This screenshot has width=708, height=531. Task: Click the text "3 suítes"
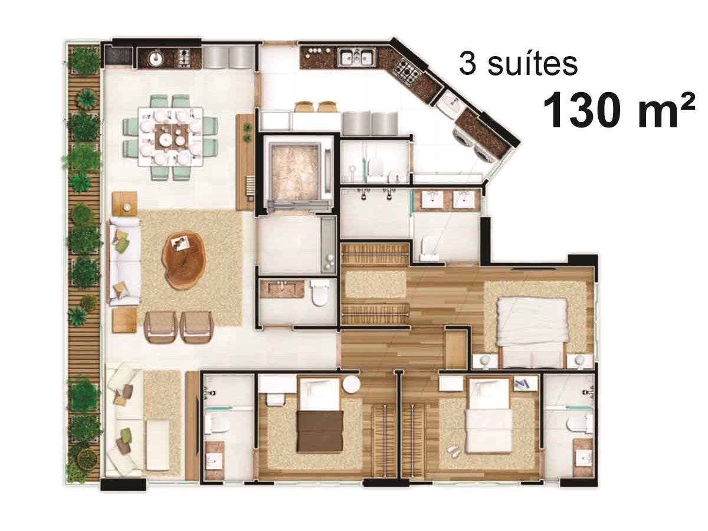pyautogui.click(x=517, y=64)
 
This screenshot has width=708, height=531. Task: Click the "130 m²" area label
pyautogui.click(x=618, y=109)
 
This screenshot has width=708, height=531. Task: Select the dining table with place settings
pyautogui.click(x=171, y=137)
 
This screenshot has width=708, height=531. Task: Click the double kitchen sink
pyautogui.click(x=356, y=58)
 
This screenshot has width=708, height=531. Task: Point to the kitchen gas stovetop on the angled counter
pyautogui.click(x=408, y=74)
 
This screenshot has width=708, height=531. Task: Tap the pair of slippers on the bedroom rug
pyautogui.click(x=454, y=452)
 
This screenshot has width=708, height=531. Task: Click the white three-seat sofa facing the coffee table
pyautogui.click(x=124, y=261)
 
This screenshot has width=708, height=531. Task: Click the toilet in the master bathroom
pyautogui.click(x=430, y=248)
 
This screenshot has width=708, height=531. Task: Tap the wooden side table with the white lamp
pyautogui.click(x=125, y=203)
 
